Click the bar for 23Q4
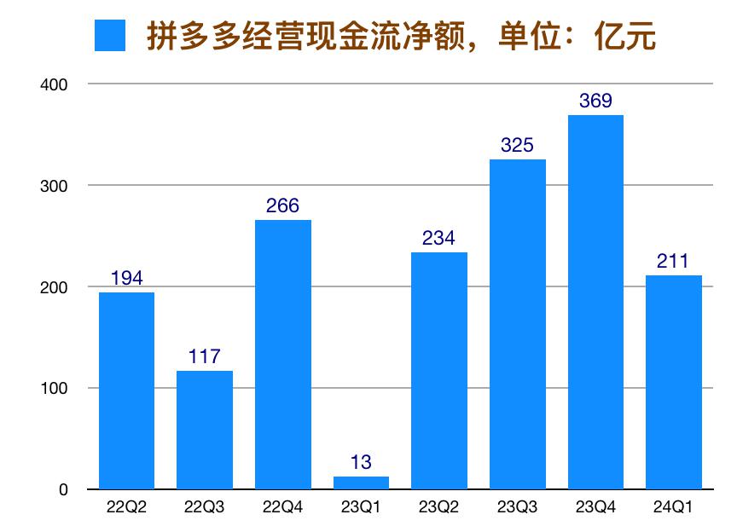coord(595,302)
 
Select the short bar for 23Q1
coord(361,483)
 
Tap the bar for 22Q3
coord(205,430)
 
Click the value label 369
coord(595,101)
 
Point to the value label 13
coord(361,463)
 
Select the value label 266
coord(282,206)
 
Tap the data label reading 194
coord(126,279)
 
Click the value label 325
coord(517,146)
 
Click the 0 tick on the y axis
coord(64,490)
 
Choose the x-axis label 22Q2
coord(126,508)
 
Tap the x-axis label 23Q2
coord(439,508)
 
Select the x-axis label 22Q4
coord(282,508)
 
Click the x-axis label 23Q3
coord(517,508)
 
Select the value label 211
coord(674,262)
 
